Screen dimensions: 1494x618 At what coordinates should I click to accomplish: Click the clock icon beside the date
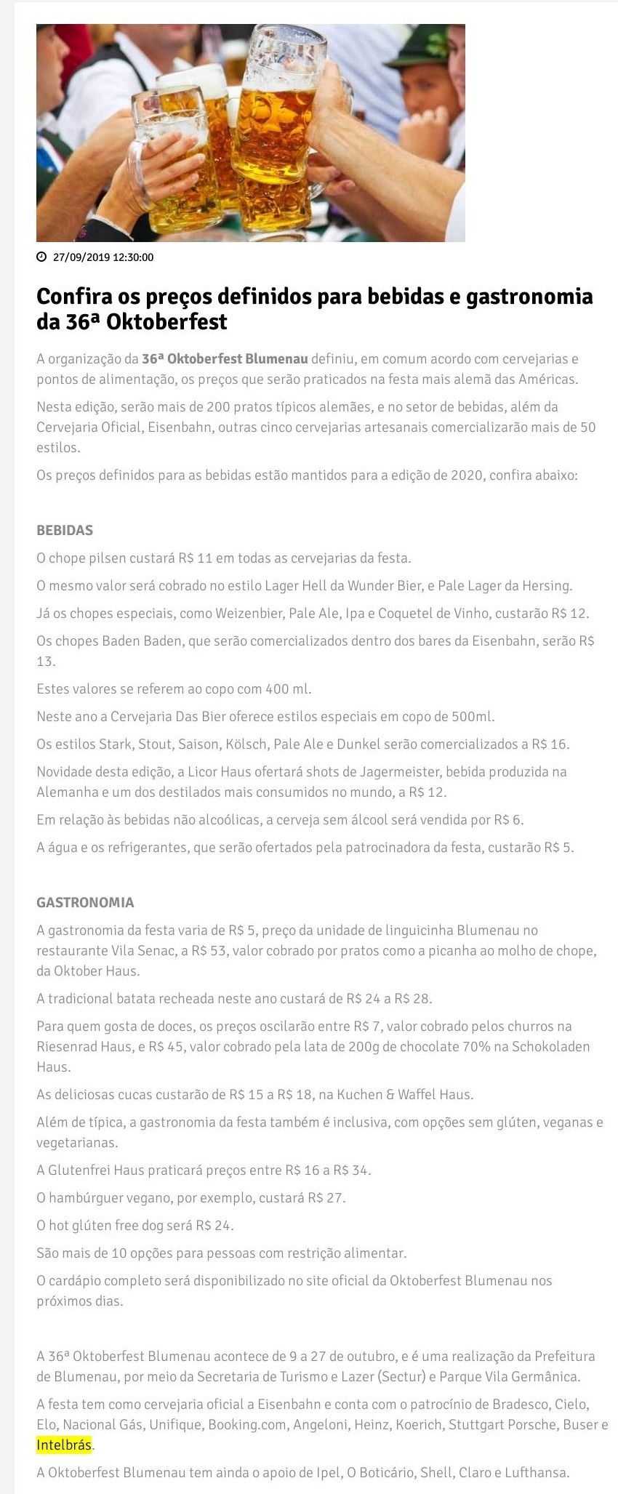tap(41, 257)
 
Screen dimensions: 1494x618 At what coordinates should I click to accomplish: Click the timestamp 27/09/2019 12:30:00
tap(103, 257)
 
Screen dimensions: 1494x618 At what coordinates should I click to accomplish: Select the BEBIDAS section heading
tap(65, 530)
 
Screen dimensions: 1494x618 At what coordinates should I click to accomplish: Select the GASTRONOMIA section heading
tap(85, 902)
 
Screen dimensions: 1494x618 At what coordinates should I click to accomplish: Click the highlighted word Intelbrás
tap(64, 1445)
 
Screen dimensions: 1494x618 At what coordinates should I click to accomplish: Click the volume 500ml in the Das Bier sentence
tap(473, 716)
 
